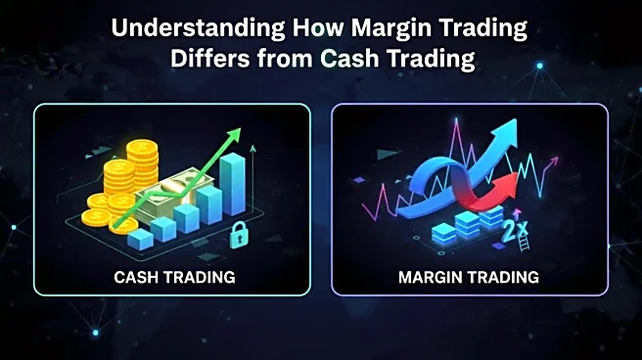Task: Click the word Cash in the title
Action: pos(353,58)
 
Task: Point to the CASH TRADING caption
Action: pos(174,277)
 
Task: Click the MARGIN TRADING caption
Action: pos(469,277)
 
